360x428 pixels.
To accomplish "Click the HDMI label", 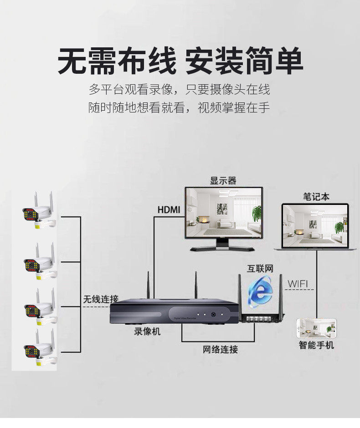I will coord(169,210).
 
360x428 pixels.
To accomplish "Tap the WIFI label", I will coord(298,285).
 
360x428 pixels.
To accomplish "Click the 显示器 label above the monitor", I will coord(223,181).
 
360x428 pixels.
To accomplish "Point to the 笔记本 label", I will coord(316,197).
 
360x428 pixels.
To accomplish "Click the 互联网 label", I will coord(260,269).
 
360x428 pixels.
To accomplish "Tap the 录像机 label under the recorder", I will coord(147,331).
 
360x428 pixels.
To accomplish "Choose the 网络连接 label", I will coord(220,350).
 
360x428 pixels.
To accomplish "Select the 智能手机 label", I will coord(316,345).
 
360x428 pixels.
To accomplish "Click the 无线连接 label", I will coord(101,299).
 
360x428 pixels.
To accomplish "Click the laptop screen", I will coord(315,225).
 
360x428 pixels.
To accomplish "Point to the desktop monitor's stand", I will coord(223,246).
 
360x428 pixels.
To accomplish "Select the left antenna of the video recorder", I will coord(148,285).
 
